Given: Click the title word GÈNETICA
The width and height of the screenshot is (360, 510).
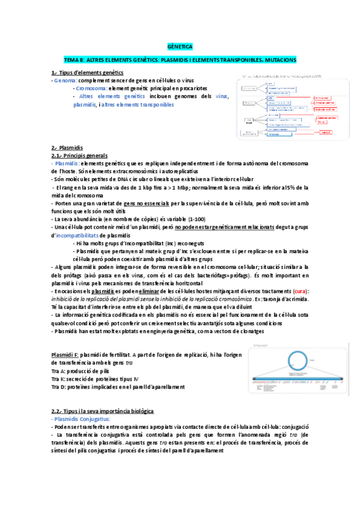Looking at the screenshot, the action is (x=180, y=46).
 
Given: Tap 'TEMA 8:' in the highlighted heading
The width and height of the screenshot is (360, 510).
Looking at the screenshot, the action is (x=75, y=60).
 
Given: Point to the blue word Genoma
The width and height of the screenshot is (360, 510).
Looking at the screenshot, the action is (x=65, y=80).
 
